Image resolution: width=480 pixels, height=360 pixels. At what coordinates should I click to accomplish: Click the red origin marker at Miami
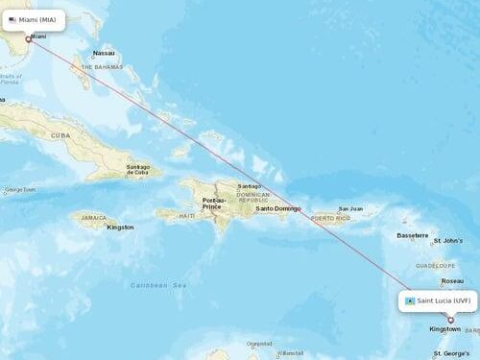[x=29, y=39]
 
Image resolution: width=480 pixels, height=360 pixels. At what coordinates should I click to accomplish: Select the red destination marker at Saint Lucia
[x=450, y=320]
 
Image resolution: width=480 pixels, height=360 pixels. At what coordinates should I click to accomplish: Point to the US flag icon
[x=12, y=19]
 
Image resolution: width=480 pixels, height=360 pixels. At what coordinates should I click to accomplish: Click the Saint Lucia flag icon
[x=410, y=300]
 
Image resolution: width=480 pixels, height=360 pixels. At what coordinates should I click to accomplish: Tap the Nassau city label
[x=104, y=53]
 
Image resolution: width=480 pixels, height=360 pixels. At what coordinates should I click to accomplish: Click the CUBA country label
[x=60, y=136]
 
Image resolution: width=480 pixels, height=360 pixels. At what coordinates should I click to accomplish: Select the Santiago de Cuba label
[x=137, y=169]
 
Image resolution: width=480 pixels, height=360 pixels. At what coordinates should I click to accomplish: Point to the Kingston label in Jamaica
[x=121, y=228]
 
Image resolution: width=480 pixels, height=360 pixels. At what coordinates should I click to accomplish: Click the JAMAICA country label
[x=93, y=218]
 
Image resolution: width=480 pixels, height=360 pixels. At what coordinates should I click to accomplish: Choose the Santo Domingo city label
[x=277, y=208]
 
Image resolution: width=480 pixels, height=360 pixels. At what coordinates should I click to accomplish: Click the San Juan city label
[x=350, y=208]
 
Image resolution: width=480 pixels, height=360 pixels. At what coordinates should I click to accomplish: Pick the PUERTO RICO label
[x=328, y=218]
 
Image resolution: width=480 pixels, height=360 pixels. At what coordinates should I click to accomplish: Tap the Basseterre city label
[x=412, y=235]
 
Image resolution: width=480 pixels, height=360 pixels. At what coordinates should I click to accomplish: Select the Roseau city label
[x=451, y=281]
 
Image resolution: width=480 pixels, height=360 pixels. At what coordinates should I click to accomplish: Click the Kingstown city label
[x=444, y=329]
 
